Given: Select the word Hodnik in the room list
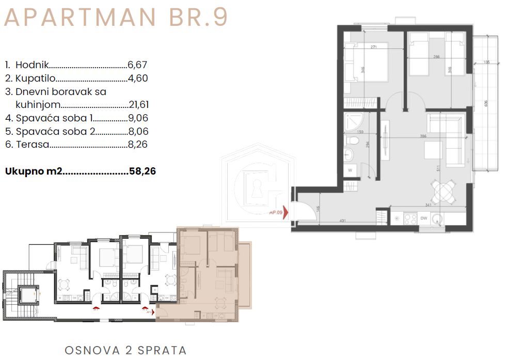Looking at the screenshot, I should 32,65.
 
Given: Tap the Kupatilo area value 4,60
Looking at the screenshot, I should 137,79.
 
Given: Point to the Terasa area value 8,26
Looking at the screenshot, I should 137,145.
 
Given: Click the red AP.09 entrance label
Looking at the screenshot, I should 276,212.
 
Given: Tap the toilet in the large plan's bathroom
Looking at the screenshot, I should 353,140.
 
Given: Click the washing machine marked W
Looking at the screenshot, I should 351,169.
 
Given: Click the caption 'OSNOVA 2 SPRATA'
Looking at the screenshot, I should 125,350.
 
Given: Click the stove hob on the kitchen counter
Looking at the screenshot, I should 410,218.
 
